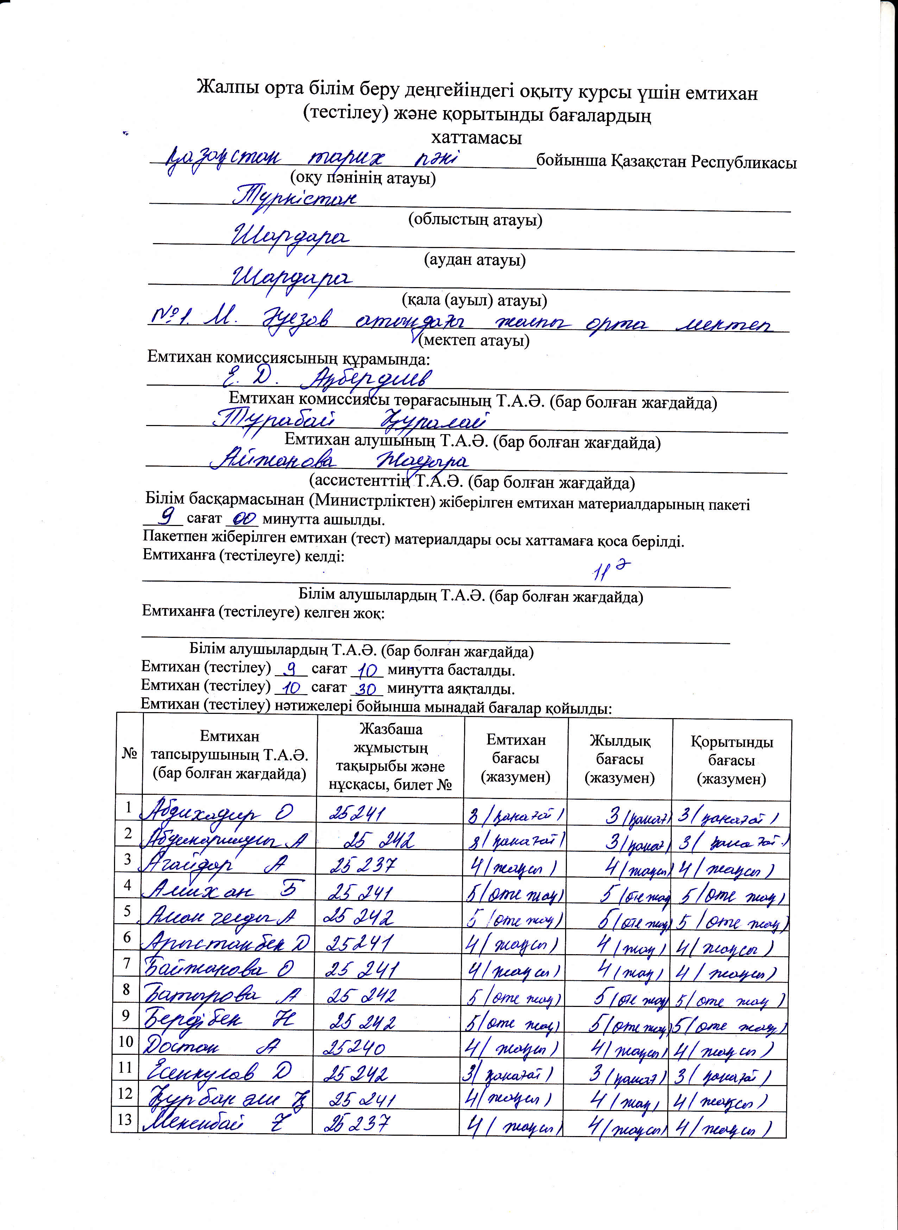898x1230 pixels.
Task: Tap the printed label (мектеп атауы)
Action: click(474, 341)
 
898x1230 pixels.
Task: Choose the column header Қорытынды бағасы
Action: click(732, 760)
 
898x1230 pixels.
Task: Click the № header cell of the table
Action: click(129, 754)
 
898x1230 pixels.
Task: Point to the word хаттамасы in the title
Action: click(476, 138)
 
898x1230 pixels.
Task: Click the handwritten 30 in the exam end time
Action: click(367, 689)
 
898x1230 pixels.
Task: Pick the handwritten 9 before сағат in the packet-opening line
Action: click(169, 514)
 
